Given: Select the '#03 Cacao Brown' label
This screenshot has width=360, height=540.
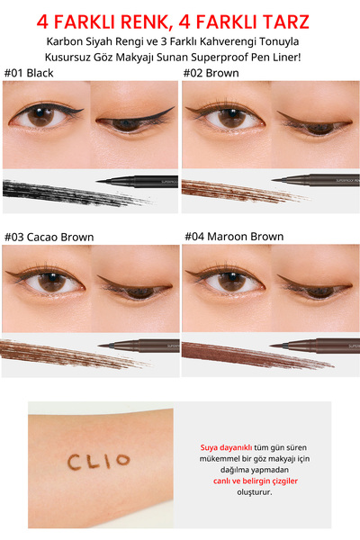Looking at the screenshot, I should click(x=49, y=237).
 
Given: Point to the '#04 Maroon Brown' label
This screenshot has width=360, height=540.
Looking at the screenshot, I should click(x=234, y=237).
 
